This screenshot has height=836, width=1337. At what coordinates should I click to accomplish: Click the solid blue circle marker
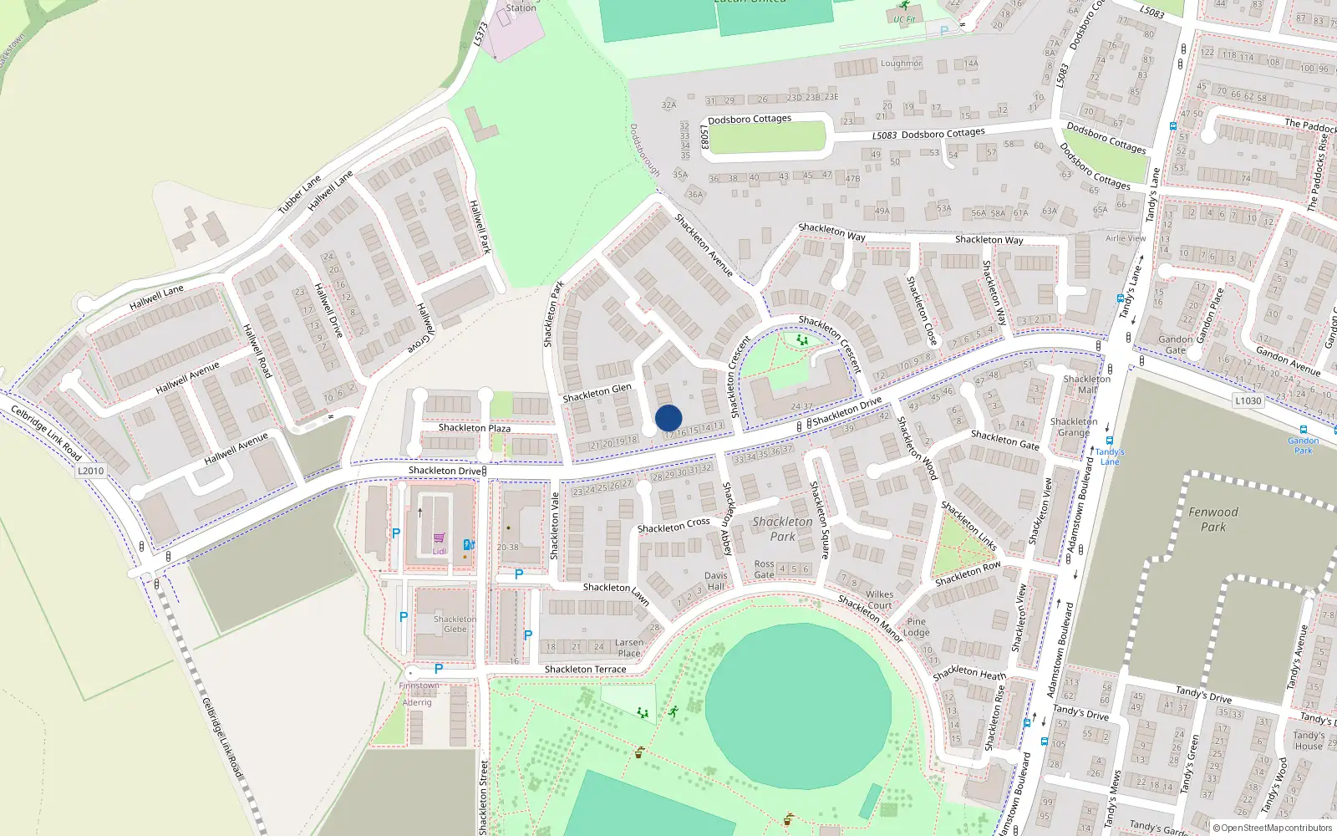click(668, 418)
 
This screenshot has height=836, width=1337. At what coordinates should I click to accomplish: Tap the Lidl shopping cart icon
click(440, 538)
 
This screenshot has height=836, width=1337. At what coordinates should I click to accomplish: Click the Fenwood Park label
click(1213, 519)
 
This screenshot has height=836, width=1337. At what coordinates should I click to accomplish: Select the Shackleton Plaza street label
click(475, 428)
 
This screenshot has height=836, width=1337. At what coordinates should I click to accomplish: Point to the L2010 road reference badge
click(91, 471)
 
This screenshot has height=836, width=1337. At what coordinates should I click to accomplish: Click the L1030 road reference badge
click(1248, 401)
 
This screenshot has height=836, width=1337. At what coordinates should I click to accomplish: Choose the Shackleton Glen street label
click(597, 392)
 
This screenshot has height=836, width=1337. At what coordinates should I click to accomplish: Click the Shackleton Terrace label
click(585, 670)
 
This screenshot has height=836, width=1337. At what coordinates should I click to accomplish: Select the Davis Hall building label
click(715, 581)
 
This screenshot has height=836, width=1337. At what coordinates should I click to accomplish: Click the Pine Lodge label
click(916, 627)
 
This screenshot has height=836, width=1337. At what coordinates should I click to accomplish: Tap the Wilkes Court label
click(879, 599)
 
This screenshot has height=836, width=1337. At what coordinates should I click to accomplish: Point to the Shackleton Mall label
click(1087, 384)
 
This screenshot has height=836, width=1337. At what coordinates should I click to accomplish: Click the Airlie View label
click(1126, 238)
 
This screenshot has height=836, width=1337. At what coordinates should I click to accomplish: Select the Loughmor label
click(901, 64)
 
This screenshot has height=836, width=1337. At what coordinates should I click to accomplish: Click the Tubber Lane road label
click(299, 194)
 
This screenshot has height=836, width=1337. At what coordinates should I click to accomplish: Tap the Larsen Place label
click(628, 648)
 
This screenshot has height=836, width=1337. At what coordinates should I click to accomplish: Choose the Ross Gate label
click(764, 569)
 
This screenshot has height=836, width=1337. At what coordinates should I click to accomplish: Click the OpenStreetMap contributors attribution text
click(1273, 828)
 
